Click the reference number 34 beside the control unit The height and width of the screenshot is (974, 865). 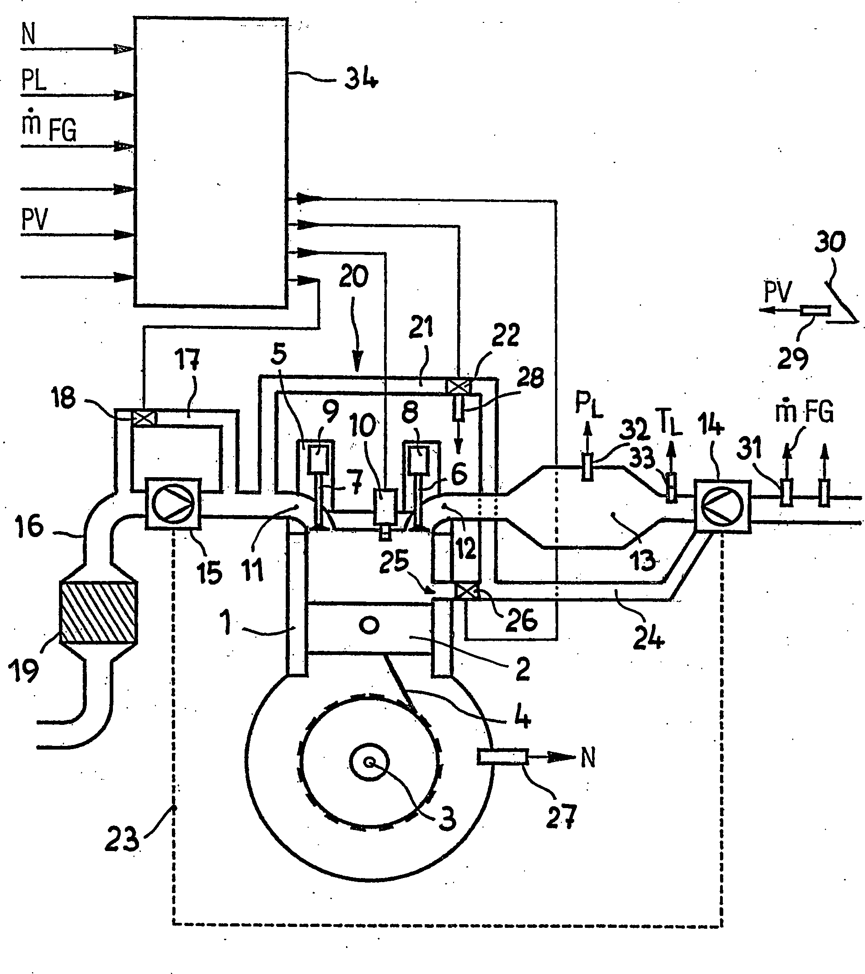point(361,79)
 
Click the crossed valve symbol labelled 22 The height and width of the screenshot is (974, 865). point(457,386)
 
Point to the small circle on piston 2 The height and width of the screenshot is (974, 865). point(369,626)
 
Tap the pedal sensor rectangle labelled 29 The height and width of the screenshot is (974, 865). point(815,311)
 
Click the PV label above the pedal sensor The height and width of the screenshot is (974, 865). point(778,292)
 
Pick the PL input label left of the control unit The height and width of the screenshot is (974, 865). point(34,80)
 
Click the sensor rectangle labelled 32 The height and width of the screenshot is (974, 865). point(587,468)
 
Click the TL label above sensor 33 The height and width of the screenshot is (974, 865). point(668,421)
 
